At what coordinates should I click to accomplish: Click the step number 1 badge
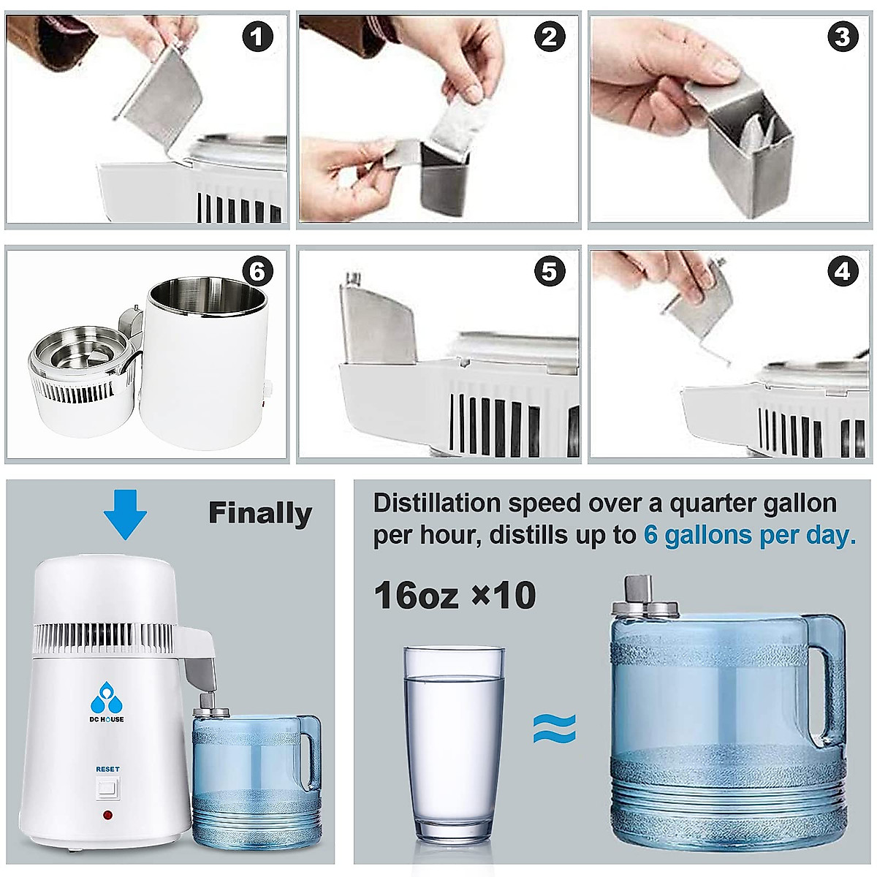pos(257,37)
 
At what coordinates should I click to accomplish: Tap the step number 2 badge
pos(550,37)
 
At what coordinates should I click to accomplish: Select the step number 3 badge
pos(843,37)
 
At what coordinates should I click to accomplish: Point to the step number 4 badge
pos(843,272)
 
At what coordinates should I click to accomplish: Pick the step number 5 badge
pos(550,272)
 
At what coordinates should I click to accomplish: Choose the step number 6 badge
pos(257,272)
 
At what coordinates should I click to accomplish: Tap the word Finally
pos(260,513)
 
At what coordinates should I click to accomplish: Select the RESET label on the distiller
pos(107,769)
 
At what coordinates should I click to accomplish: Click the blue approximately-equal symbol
pos(554,729)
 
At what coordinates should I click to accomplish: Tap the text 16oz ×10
pos(455,596)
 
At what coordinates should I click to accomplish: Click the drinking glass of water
pos(453,745)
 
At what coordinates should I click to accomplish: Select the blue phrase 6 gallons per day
pos(749,535)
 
